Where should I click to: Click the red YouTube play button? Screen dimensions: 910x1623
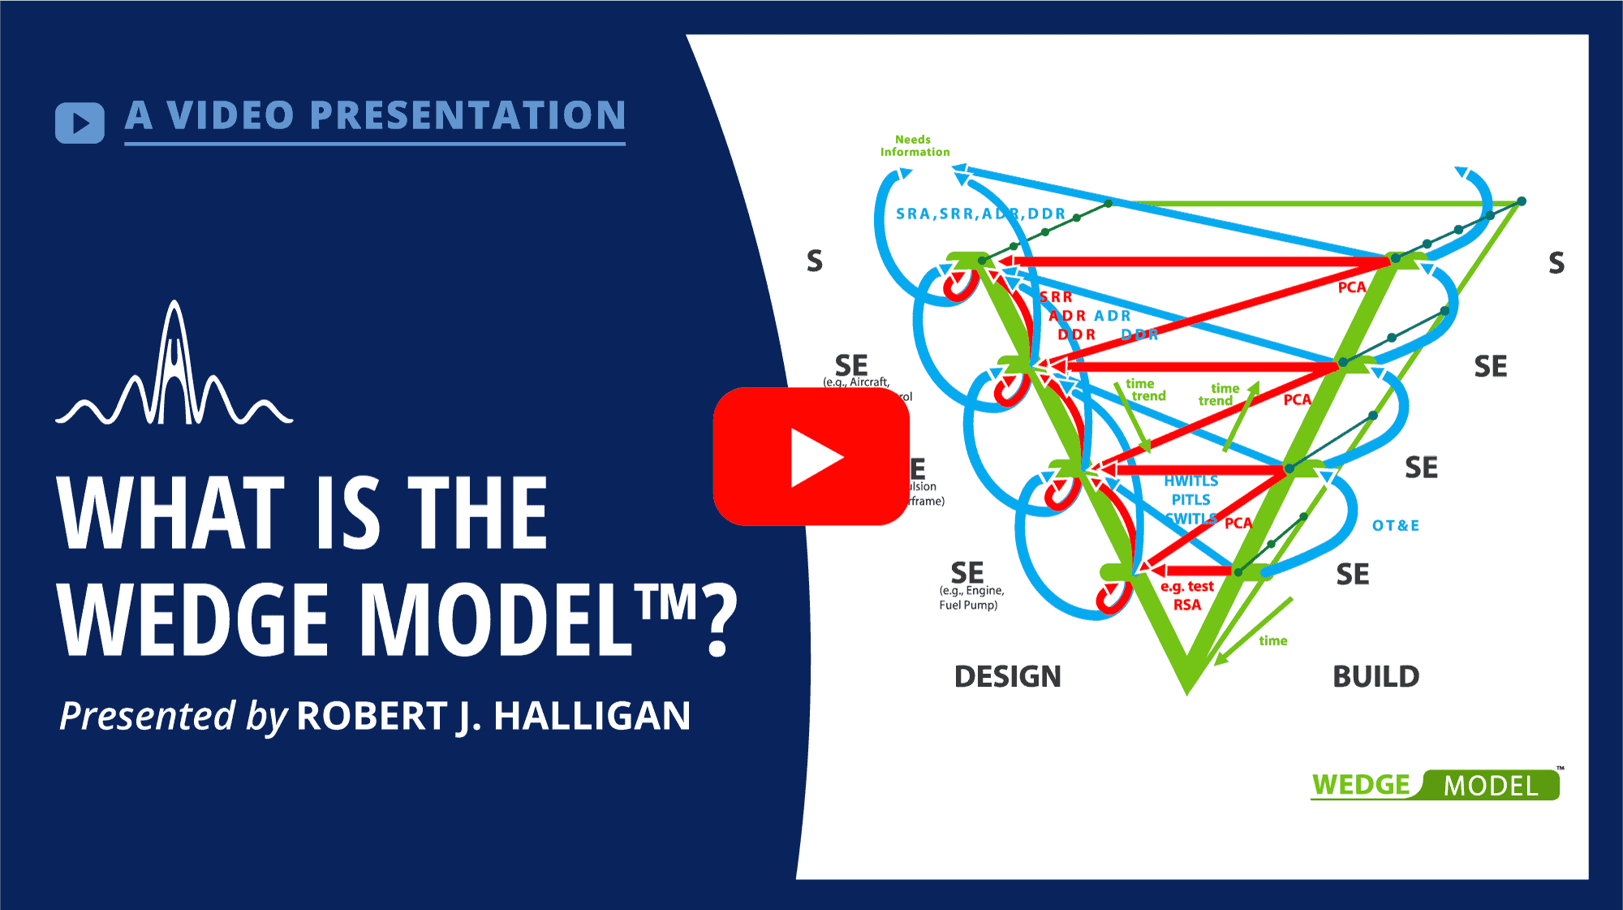click(811, 456)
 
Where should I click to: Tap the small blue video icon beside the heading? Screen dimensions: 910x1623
click(80, 123)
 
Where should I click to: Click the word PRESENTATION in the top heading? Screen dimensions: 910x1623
click(467, 115)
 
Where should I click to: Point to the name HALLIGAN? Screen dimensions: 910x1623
click(592, 716)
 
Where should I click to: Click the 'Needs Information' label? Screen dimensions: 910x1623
click(915, 146)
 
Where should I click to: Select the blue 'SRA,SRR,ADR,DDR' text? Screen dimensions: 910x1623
click(980, 213)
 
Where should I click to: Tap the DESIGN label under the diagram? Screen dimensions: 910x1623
click(1007, 676)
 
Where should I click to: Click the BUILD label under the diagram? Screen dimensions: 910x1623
click(1375, 676)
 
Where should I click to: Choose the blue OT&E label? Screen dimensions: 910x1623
click(1396, 525)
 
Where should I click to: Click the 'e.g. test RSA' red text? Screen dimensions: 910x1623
click(1187, 595)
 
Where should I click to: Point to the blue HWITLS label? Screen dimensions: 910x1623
click(1190, 481)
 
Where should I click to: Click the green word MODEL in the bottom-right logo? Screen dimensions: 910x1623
click(1491, 786)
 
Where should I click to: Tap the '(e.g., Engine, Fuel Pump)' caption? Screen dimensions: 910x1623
click(971, 597)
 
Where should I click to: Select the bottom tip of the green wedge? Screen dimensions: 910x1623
click(1187, 690)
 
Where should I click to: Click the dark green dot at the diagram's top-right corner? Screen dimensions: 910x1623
click(1522, 201)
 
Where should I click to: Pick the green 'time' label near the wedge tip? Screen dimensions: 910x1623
click(1273, 640)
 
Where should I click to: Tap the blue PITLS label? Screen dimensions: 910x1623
click(1190, 500)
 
